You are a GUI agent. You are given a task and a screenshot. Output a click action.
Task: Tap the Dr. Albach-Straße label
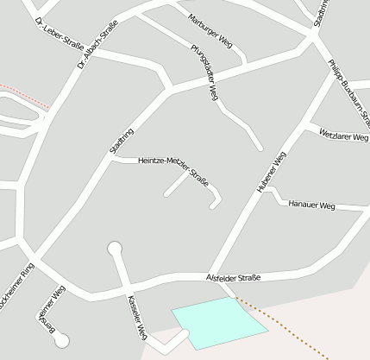click(x=96, y=48)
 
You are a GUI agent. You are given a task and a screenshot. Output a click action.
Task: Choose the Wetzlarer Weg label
click(x=343, y=136)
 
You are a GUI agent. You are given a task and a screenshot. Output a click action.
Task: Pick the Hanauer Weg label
click(x=311, y=205)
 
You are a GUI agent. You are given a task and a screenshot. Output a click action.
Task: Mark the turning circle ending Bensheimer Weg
click(x=61, y=341)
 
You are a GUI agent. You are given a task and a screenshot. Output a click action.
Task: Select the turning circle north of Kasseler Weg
click(x=114, y=249)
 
